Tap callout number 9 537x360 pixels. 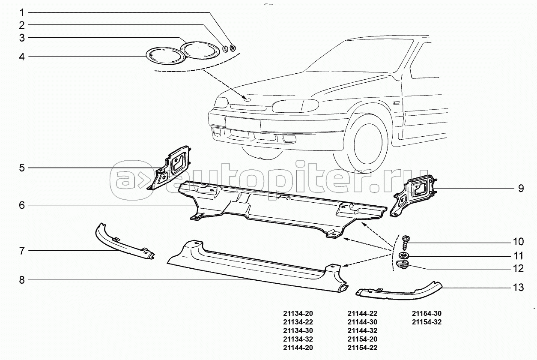click(521, 188)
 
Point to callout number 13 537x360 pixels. click(518, 288)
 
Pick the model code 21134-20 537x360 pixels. click(298, 313)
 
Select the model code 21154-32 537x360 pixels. click(427, 322)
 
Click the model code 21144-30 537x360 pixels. click(362, 322)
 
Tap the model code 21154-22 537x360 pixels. click(362, 348)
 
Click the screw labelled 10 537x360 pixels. click(405, 242)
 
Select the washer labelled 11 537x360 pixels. click(403, 256)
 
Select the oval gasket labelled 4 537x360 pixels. click(165, 56)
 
